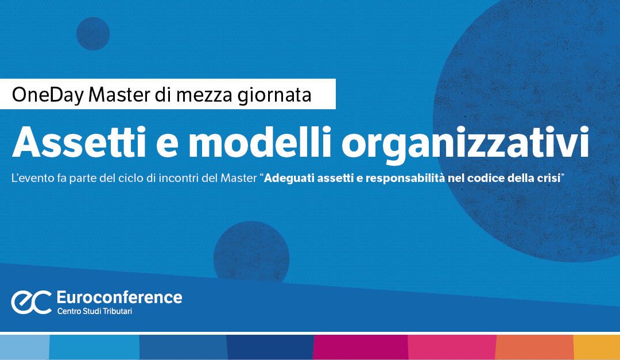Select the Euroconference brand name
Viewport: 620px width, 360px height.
119,297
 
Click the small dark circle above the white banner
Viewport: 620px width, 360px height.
93,34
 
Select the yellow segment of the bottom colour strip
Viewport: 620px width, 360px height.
596,347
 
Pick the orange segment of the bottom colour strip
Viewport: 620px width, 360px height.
534,347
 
